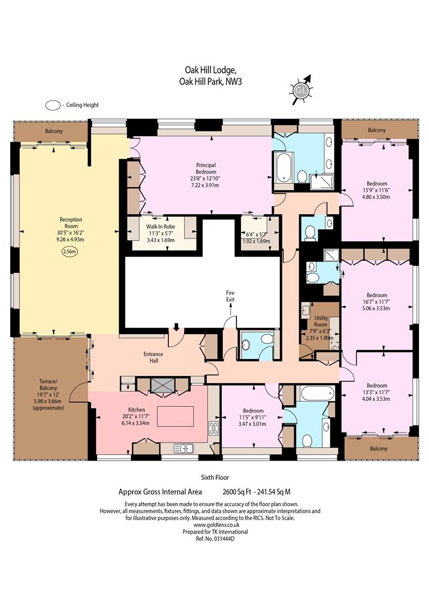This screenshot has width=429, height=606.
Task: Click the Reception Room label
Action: click(71, 223)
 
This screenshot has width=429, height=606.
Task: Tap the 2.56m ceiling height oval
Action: click(70, 251)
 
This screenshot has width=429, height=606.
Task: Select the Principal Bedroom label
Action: click(206, 168)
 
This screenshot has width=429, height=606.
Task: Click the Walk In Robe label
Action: click(161, 227)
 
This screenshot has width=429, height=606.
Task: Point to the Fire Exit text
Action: click(231, 296)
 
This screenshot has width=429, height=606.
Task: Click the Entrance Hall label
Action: click(153, 357)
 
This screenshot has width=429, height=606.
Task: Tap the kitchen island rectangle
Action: click(175, 416)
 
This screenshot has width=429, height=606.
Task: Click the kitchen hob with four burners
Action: click(213, 428)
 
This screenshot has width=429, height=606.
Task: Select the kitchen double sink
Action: click(184, 448)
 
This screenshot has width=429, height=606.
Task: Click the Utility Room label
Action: click(321, 321)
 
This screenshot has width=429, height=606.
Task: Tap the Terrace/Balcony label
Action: click(48, 384)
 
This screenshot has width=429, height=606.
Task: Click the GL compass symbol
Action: click(300, 91)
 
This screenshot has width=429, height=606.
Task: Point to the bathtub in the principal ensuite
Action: click(284, 167)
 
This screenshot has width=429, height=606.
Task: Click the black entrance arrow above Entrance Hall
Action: click(176, 327)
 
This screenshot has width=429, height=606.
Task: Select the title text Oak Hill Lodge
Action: click(210, 70)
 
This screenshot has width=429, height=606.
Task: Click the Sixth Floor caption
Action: click(214, 478)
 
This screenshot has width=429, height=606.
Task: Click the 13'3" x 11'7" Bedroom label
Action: click(377, 392)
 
